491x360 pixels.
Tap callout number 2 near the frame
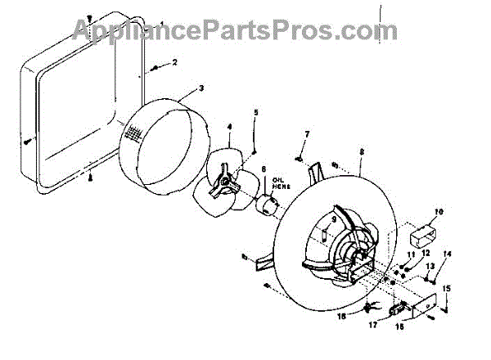173,62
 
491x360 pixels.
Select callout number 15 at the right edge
447,289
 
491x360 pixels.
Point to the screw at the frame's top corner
88,17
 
